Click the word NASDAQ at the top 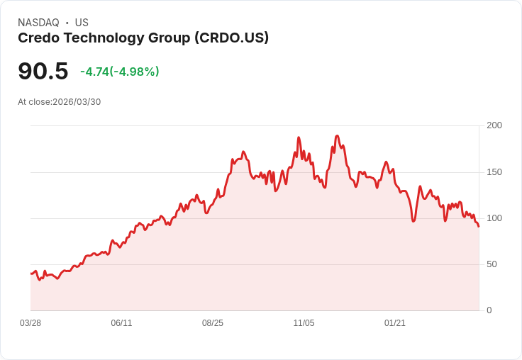point(38,23)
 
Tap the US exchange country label point(82,23)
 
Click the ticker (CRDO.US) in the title point(231,38)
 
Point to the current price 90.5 point(43,71)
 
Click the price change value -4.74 point(94,72)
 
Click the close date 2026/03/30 point(77,102)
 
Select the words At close point(34,102)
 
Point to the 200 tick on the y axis point(494,125)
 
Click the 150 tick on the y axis point(494,171)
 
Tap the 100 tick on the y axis point(494,218)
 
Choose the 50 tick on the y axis point(492,264)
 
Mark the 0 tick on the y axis point(489,310)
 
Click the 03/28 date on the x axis point(30,323)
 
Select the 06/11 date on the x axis point(121,323)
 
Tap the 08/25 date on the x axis point(213,323)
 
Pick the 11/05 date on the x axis point(304,323)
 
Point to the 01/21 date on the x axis point(395,323)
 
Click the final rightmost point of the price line point(479,226)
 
